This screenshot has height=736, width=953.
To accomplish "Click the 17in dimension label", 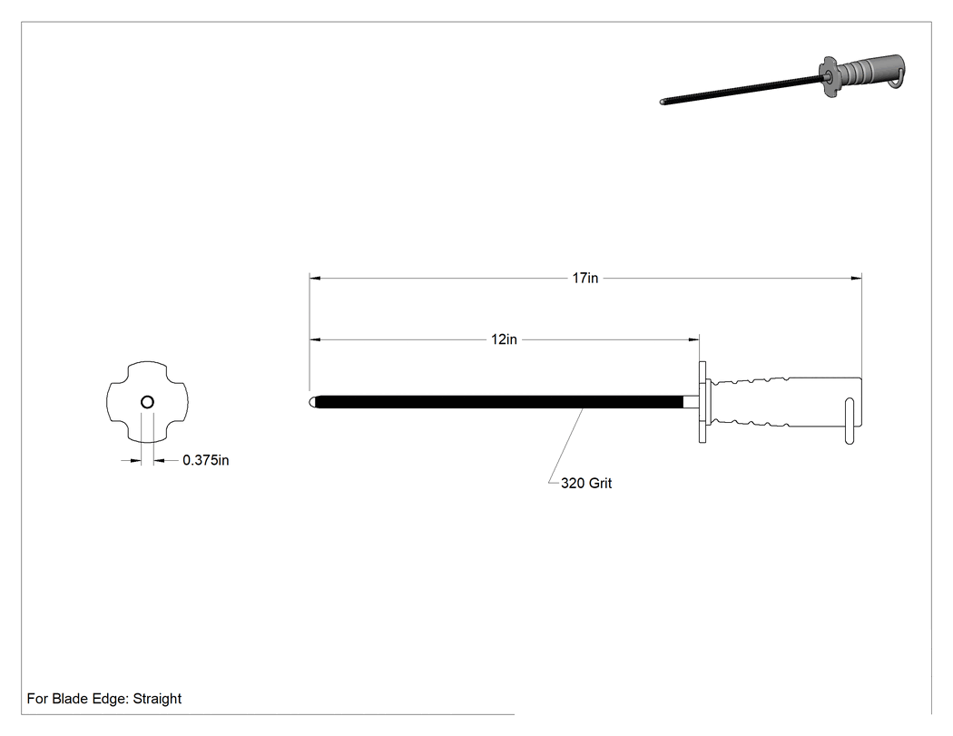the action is pyautogui.click(x=585, y=278).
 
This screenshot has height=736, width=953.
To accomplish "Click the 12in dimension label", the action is pyautogui.click(x=504, y=339).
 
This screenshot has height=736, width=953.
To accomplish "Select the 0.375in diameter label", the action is pyautogui.click(x=205, y=460).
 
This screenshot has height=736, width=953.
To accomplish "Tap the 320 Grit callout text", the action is pyautogui.click(x=586, y=483).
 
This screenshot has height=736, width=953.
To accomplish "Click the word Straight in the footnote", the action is pyautogui.click(x=157, y=698).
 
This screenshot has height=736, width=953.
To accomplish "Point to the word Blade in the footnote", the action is pyautogui.click(x=70, y=698).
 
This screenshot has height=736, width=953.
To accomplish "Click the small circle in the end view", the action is pyautogui.click(x=147, y=402).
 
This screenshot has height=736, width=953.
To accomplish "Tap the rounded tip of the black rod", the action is pyautogui.click(x=312, y=402).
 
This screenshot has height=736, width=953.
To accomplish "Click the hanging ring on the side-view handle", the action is pyautogui.click(x=850, y=421).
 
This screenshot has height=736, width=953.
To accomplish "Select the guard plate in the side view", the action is pyautogui.click(x=702, y=402).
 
